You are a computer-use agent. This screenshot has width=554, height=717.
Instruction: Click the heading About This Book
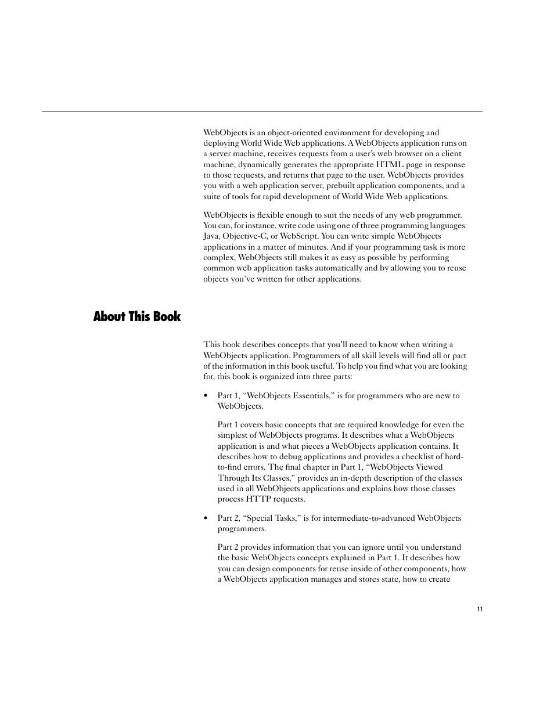pos(137,316)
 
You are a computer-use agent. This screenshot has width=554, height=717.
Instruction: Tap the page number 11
pos(480,609)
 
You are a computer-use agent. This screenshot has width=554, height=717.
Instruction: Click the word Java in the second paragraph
pos(211,236)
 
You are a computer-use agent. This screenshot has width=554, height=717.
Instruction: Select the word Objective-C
pos(244,236)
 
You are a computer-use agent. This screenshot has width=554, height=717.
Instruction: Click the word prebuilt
pos(327,186)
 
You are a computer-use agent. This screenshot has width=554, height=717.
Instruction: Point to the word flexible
pos(269,215)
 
